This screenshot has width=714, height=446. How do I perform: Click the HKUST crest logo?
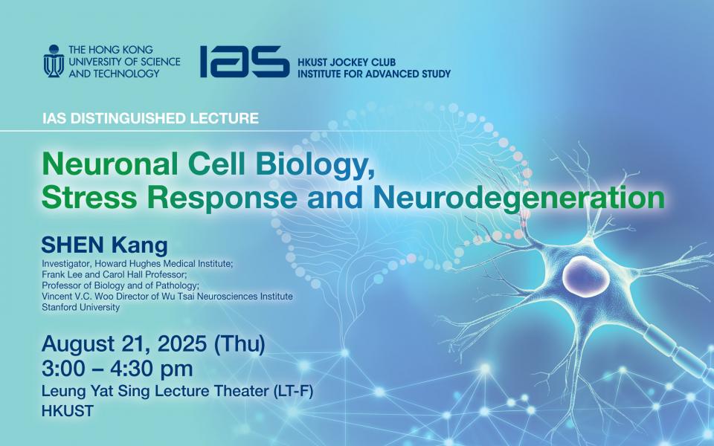coord(54,61)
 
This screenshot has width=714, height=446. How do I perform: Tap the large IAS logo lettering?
coord(243,61)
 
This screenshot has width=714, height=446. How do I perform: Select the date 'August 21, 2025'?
coord(125,345)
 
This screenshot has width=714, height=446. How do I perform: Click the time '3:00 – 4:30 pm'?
coord(118,368)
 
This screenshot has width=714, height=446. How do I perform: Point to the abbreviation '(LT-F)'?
coord(284,392)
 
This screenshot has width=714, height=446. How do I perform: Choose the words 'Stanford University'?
coord(80,307)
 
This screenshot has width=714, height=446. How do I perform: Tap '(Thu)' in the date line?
coord(239,345)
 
